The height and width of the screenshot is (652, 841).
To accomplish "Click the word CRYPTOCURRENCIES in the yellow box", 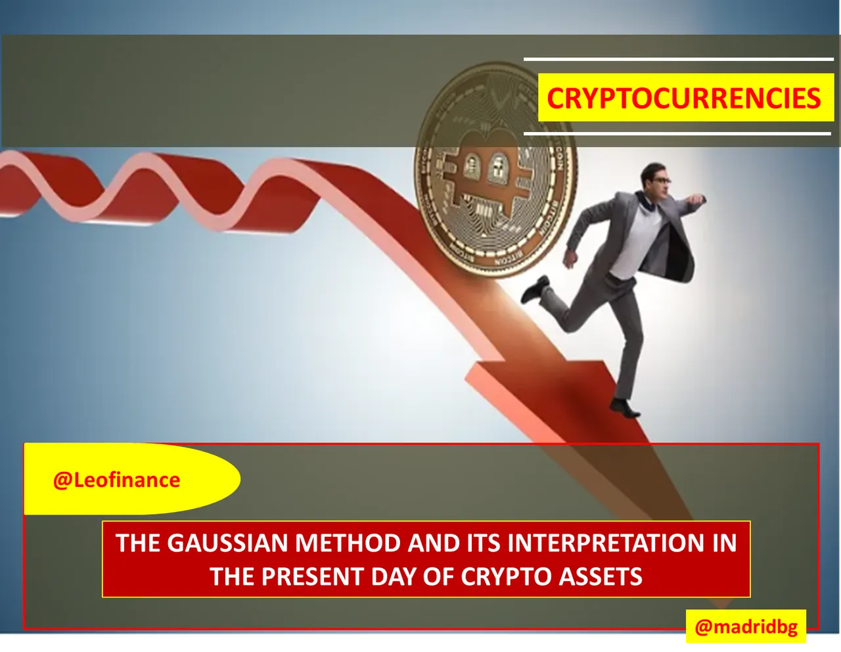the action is tap(684, 99).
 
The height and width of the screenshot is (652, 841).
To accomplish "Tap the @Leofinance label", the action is tap(116, 480).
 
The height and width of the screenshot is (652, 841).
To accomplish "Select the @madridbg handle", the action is tap(746, 627).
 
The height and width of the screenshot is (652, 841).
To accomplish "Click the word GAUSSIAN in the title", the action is tap(228, 543).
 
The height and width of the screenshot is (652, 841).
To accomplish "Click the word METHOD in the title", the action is tap(348, 543).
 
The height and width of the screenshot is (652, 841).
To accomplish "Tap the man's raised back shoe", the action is tap(534, 289).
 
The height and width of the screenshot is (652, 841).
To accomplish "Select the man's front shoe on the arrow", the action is tap(624, 408).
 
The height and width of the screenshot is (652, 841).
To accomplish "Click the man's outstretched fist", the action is tap(697, 200).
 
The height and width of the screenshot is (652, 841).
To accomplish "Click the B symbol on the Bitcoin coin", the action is tap(484, 182).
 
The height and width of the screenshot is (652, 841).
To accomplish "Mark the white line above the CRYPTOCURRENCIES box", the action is tap(679, 59).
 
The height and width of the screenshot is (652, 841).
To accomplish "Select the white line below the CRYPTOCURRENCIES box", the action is tap(677, 134).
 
